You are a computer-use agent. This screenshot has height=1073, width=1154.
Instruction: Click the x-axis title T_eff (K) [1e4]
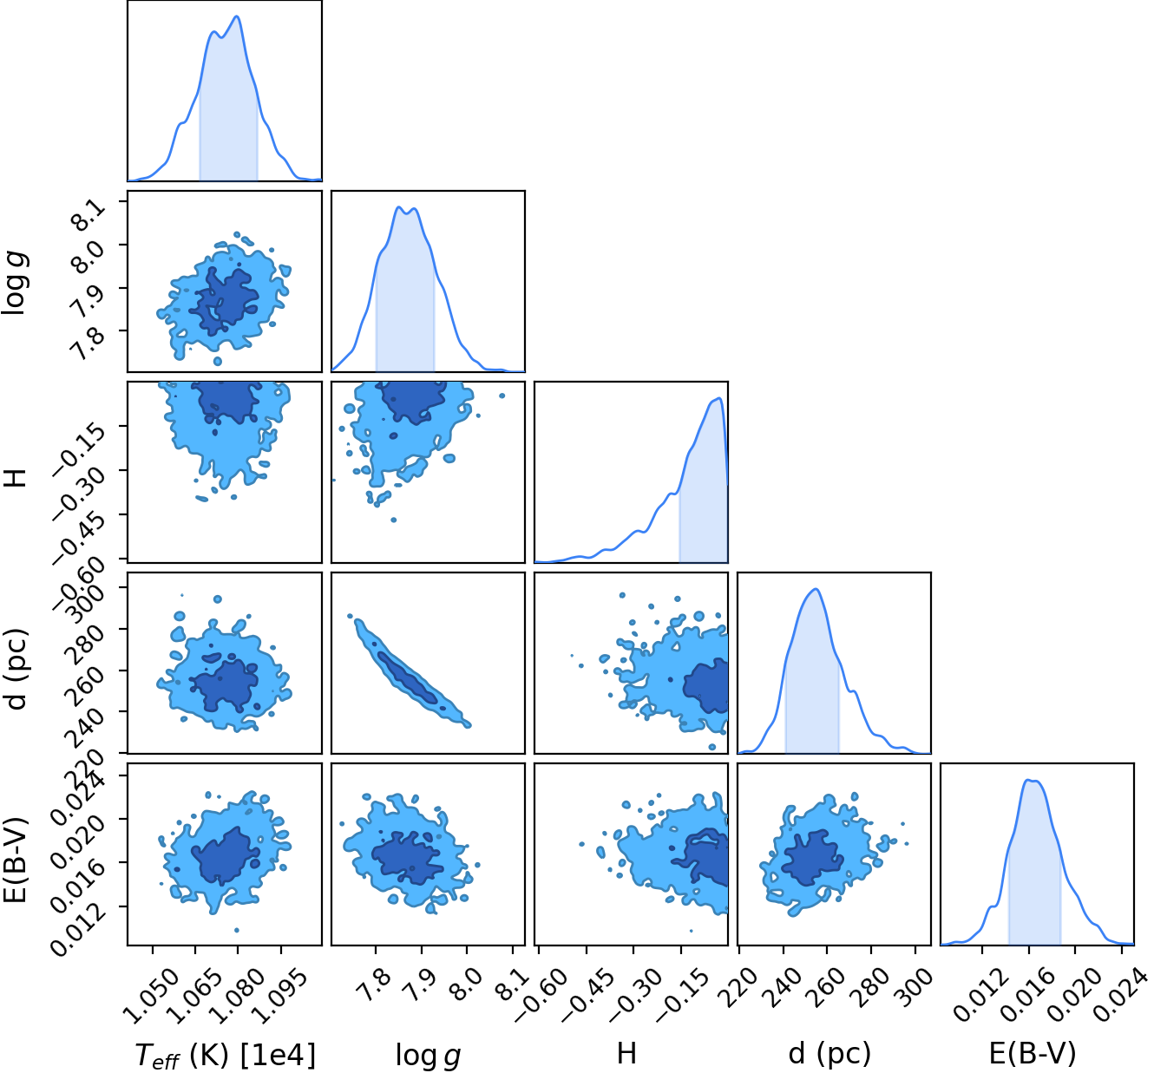tap(226, 1055)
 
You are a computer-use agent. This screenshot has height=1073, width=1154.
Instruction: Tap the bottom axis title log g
tap(429, 1055)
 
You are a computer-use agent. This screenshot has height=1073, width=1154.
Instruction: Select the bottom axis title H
tap(626, 1053)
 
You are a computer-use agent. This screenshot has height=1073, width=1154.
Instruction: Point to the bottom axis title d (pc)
tap(829, 1053)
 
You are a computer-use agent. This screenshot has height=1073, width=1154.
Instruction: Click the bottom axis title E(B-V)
tap(1033, 1053)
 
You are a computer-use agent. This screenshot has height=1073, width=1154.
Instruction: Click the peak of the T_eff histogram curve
tap(237, 16)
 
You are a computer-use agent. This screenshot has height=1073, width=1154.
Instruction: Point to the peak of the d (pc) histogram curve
tap(816, 589)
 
